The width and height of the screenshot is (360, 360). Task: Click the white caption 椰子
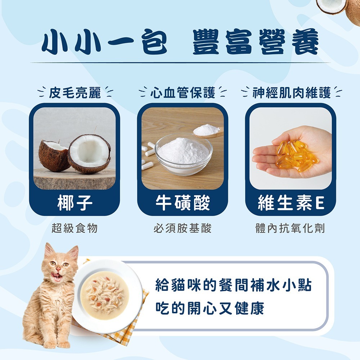(75, 203)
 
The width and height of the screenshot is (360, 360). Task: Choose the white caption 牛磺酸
(183, 203)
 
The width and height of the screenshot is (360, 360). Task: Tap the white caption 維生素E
(291, 203)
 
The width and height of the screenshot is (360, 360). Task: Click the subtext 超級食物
(75, 228)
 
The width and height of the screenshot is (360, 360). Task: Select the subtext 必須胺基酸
(183, 228)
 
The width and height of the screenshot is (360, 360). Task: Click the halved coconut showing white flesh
(89, 153)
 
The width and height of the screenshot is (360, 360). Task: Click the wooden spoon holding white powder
(208, 131)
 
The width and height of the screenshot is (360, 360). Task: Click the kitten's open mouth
(57, 276)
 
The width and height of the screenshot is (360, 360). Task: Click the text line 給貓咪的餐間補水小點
(233, 285)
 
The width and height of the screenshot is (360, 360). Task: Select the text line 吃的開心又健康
(210, 308)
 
